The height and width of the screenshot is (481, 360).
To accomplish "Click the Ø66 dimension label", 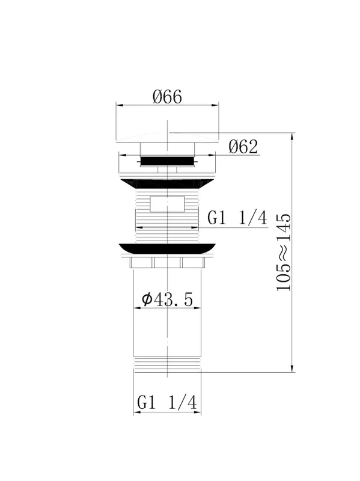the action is [167, 97].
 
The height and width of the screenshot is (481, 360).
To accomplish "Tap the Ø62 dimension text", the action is [243, 147].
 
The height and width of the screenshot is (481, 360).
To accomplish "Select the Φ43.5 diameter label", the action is [168, 299].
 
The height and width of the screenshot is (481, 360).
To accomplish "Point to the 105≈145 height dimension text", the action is [283, 252].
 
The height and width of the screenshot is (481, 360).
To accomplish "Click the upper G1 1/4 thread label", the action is [237, 218].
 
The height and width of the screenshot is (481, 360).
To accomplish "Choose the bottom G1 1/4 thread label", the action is [167, 402].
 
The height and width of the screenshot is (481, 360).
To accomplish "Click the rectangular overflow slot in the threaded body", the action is [168, 204].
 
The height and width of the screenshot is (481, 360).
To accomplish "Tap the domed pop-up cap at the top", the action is [168, 138].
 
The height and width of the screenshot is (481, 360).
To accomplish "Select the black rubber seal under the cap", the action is [168, 161].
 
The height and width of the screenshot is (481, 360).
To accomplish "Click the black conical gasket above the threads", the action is [168, 183].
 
